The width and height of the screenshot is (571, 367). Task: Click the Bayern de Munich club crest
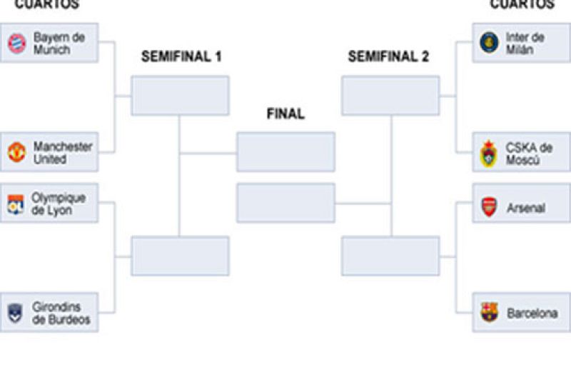16,44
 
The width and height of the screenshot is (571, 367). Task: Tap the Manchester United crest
16,152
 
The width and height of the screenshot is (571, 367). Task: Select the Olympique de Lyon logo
16,205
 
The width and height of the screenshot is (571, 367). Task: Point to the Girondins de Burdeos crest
16,313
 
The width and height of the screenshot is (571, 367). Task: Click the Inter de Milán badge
489,42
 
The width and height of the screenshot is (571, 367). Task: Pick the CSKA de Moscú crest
488,154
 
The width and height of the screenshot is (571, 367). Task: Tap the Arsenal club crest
489,207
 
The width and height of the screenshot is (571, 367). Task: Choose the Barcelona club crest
489,313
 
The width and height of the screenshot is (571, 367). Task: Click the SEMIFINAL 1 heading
181,57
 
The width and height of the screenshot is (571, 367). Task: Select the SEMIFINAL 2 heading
388,57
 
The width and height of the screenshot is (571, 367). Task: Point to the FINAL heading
285,114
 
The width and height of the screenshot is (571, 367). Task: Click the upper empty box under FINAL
285,152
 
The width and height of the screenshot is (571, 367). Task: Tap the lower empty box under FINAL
285,203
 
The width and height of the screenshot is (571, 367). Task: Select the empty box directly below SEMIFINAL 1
180,96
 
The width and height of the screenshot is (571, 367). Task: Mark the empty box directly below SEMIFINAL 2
390,96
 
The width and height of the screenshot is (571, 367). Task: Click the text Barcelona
532,313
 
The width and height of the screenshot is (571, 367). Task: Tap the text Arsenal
526,208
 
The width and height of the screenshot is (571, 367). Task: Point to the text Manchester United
63,153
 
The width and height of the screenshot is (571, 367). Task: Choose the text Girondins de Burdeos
61,313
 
